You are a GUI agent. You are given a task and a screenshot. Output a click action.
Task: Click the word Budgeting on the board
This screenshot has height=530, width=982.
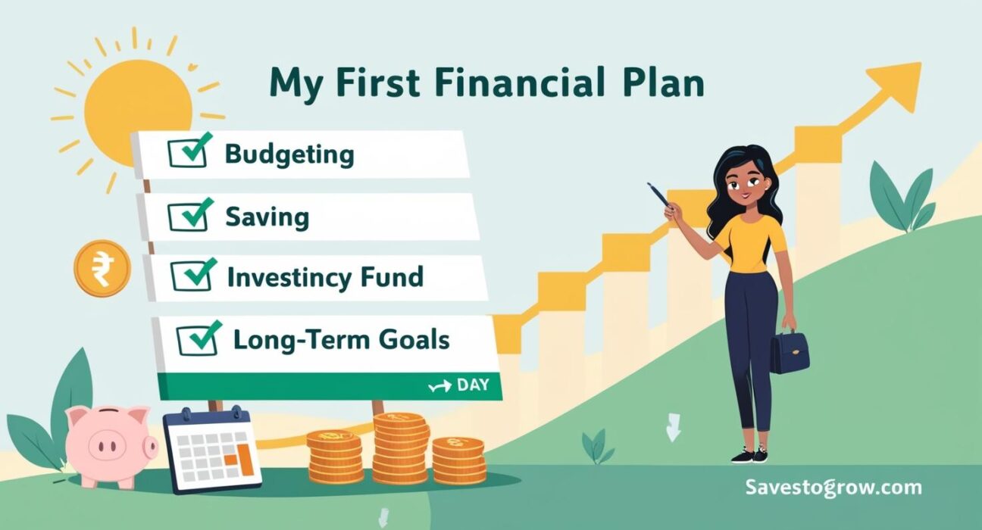(x=289, y=154)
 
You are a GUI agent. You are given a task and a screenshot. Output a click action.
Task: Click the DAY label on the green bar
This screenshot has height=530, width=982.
(x=472, y=385)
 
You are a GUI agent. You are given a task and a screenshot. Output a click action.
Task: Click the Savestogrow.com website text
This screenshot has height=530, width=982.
(x=833, y=487)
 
